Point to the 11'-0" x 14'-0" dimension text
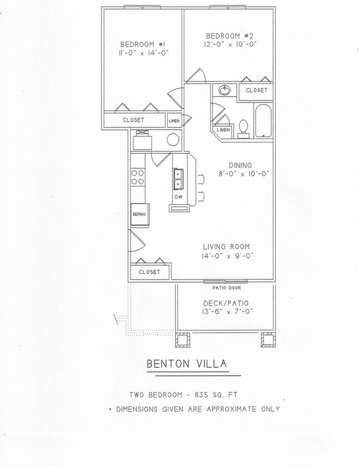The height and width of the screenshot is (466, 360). click(143, 53)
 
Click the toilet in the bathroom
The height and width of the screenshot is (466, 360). click(243, 130)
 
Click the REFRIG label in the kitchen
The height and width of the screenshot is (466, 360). click(138, 213)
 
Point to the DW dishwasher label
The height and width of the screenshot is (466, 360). click(178, 197)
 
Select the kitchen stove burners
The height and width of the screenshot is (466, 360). click(137, 177)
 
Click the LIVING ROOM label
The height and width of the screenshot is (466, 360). click(226, 247)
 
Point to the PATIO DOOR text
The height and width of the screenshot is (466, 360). click(227, 288)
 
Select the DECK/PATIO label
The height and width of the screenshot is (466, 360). click(227, 303)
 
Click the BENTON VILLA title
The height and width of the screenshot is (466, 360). click(186, 364)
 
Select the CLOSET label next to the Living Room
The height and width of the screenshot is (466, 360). click(150, 272)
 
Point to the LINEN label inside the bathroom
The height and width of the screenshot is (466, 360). click(223, 130)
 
